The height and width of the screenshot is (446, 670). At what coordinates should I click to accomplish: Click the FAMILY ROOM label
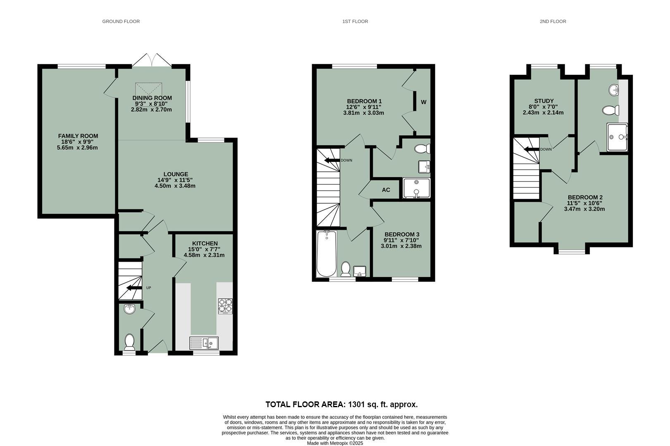coord(78,136)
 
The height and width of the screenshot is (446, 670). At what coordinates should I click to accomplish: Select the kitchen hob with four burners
coord(225,306)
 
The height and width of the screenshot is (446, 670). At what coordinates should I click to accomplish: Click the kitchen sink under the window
coord(204,343)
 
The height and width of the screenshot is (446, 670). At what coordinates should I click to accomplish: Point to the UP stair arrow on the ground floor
coord(133,288)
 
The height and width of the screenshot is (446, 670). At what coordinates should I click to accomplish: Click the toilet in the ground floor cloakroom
coord(129,342)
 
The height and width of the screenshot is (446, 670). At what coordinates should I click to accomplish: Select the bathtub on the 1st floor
coord(326,254)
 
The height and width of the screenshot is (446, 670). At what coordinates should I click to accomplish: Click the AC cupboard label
coord(386,190)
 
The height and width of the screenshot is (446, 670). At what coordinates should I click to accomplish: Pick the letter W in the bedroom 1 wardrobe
coord(424,102)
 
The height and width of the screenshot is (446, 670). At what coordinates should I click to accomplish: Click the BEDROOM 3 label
coord(401,234)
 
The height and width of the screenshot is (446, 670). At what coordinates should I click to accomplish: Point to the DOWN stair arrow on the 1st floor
coord(332,160)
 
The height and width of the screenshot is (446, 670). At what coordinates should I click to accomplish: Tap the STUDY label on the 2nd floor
coord(544,101)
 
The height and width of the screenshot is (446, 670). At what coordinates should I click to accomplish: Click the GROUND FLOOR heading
coord(121,21)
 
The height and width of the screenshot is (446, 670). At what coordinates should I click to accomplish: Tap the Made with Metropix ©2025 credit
coord(335,443)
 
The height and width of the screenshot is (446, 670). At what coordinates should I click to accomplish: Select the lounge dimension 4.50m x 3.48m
coord(175,186)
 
